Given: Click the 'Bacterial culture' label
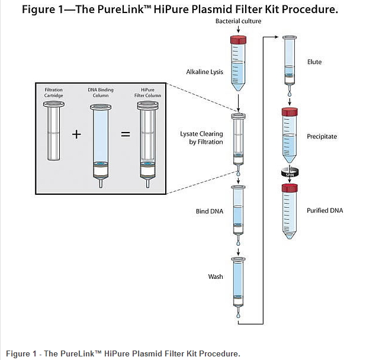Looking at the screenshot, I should (238, 21).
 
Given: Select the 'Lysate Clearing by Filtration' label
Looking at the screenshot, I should (201, 138).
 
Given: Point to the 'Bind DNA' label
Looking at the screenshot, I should (210, 211).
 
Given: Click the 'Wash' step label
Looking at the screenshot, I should (215, 277).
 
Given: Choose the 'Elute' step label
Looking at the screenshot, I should (314, 62).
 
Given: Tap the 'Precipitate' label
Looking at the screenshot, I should (322, 136).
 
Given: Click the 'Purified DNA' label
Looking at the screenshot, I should (324, 210).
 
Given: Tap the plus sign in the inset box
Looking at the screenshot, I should (76, 134).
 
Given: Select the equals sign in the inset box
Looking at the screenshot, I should (126, 134).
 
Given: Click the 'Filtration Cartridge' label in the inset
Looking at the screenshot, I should (54, 92).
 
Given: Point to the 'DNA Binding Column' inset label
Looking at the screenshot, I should (101, 92).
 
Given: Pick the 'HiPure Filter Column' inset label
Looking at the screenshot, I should (147, 92).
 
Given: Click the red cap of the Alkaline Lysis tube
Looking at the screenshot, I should (237, 39).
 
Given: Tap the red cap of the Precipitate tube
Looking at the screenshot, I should (290, 111).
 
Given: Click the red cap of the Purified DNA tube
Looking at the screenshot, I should (290, 188).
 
